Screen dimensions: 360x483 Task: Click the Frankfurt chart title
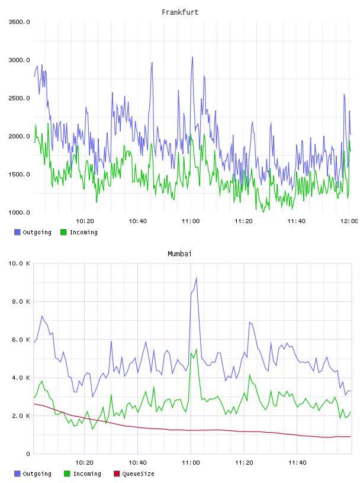180,12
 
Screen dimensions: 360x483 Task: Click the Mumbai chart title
179,254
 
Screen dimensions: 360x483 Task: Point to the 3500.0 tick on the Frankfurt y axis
19,22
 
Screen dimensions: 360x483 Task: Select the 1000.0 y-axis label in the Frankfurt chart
19,212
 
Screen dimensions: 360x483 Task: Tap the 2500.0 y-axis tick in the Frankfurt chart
19,98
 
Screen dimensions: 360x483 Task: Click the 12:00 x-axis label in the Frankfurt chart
349,221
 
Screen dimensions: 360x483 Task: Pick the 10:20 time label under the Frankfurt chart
85,221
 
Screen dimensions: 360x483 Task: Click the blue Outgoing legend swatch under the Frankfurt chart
17,232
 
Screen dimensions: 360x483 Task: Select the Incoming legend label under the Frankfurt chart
83,232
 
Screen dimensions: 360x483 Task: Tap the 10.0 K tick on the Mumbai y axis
19,263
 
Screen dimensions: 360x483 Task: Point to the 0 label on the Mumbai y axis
28,454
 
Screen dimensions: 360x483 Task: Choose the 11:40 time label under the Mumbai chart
297,463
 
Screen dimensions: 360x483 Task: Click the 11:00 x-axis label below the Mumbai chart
191,463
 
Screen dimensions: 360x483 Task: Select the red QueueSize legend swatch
117,474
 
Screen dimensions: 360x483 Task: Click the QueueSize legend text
138,474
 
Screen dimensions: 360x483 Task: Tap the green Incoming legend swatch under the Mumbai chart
67,474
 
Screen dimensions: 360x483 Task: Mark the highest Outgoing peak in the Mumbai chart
197,278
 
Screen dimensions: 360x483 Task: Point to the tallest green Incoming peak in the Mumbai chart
197,349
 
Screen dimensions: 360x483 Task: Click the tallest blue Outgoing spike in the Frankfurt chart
192,57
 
